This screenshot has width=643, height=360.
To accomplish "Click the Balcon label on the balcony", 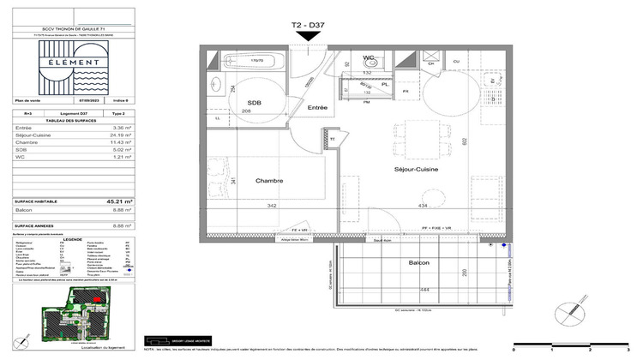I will point(419,262).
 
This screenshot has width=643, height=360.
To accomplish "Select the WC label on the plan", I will point(369,58).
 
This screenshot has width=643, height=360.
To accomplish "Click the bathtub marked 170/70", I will point(255,62).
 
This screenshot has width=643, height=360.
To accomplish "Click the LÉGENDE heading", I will point(74,239).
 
